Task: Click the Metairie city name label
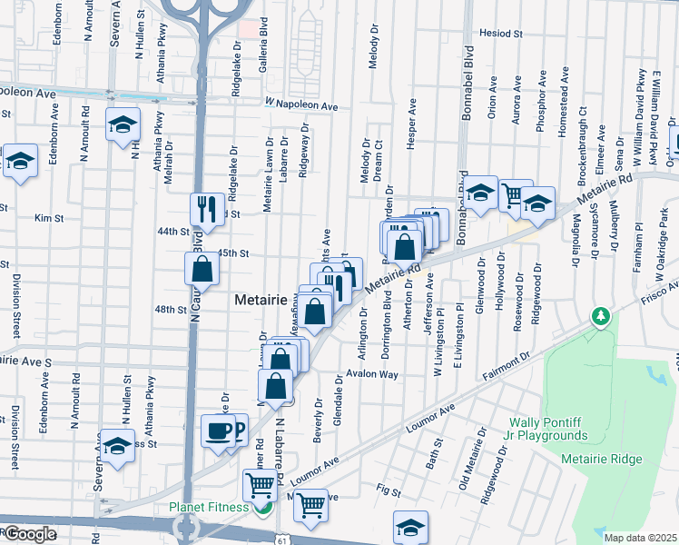pos(261,299)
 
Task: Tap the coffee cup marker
pos(218,431)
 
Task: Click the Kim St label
pos(44,218)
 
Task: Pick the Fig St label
pos(389,491)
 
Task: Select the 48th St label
pos(170,310)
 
